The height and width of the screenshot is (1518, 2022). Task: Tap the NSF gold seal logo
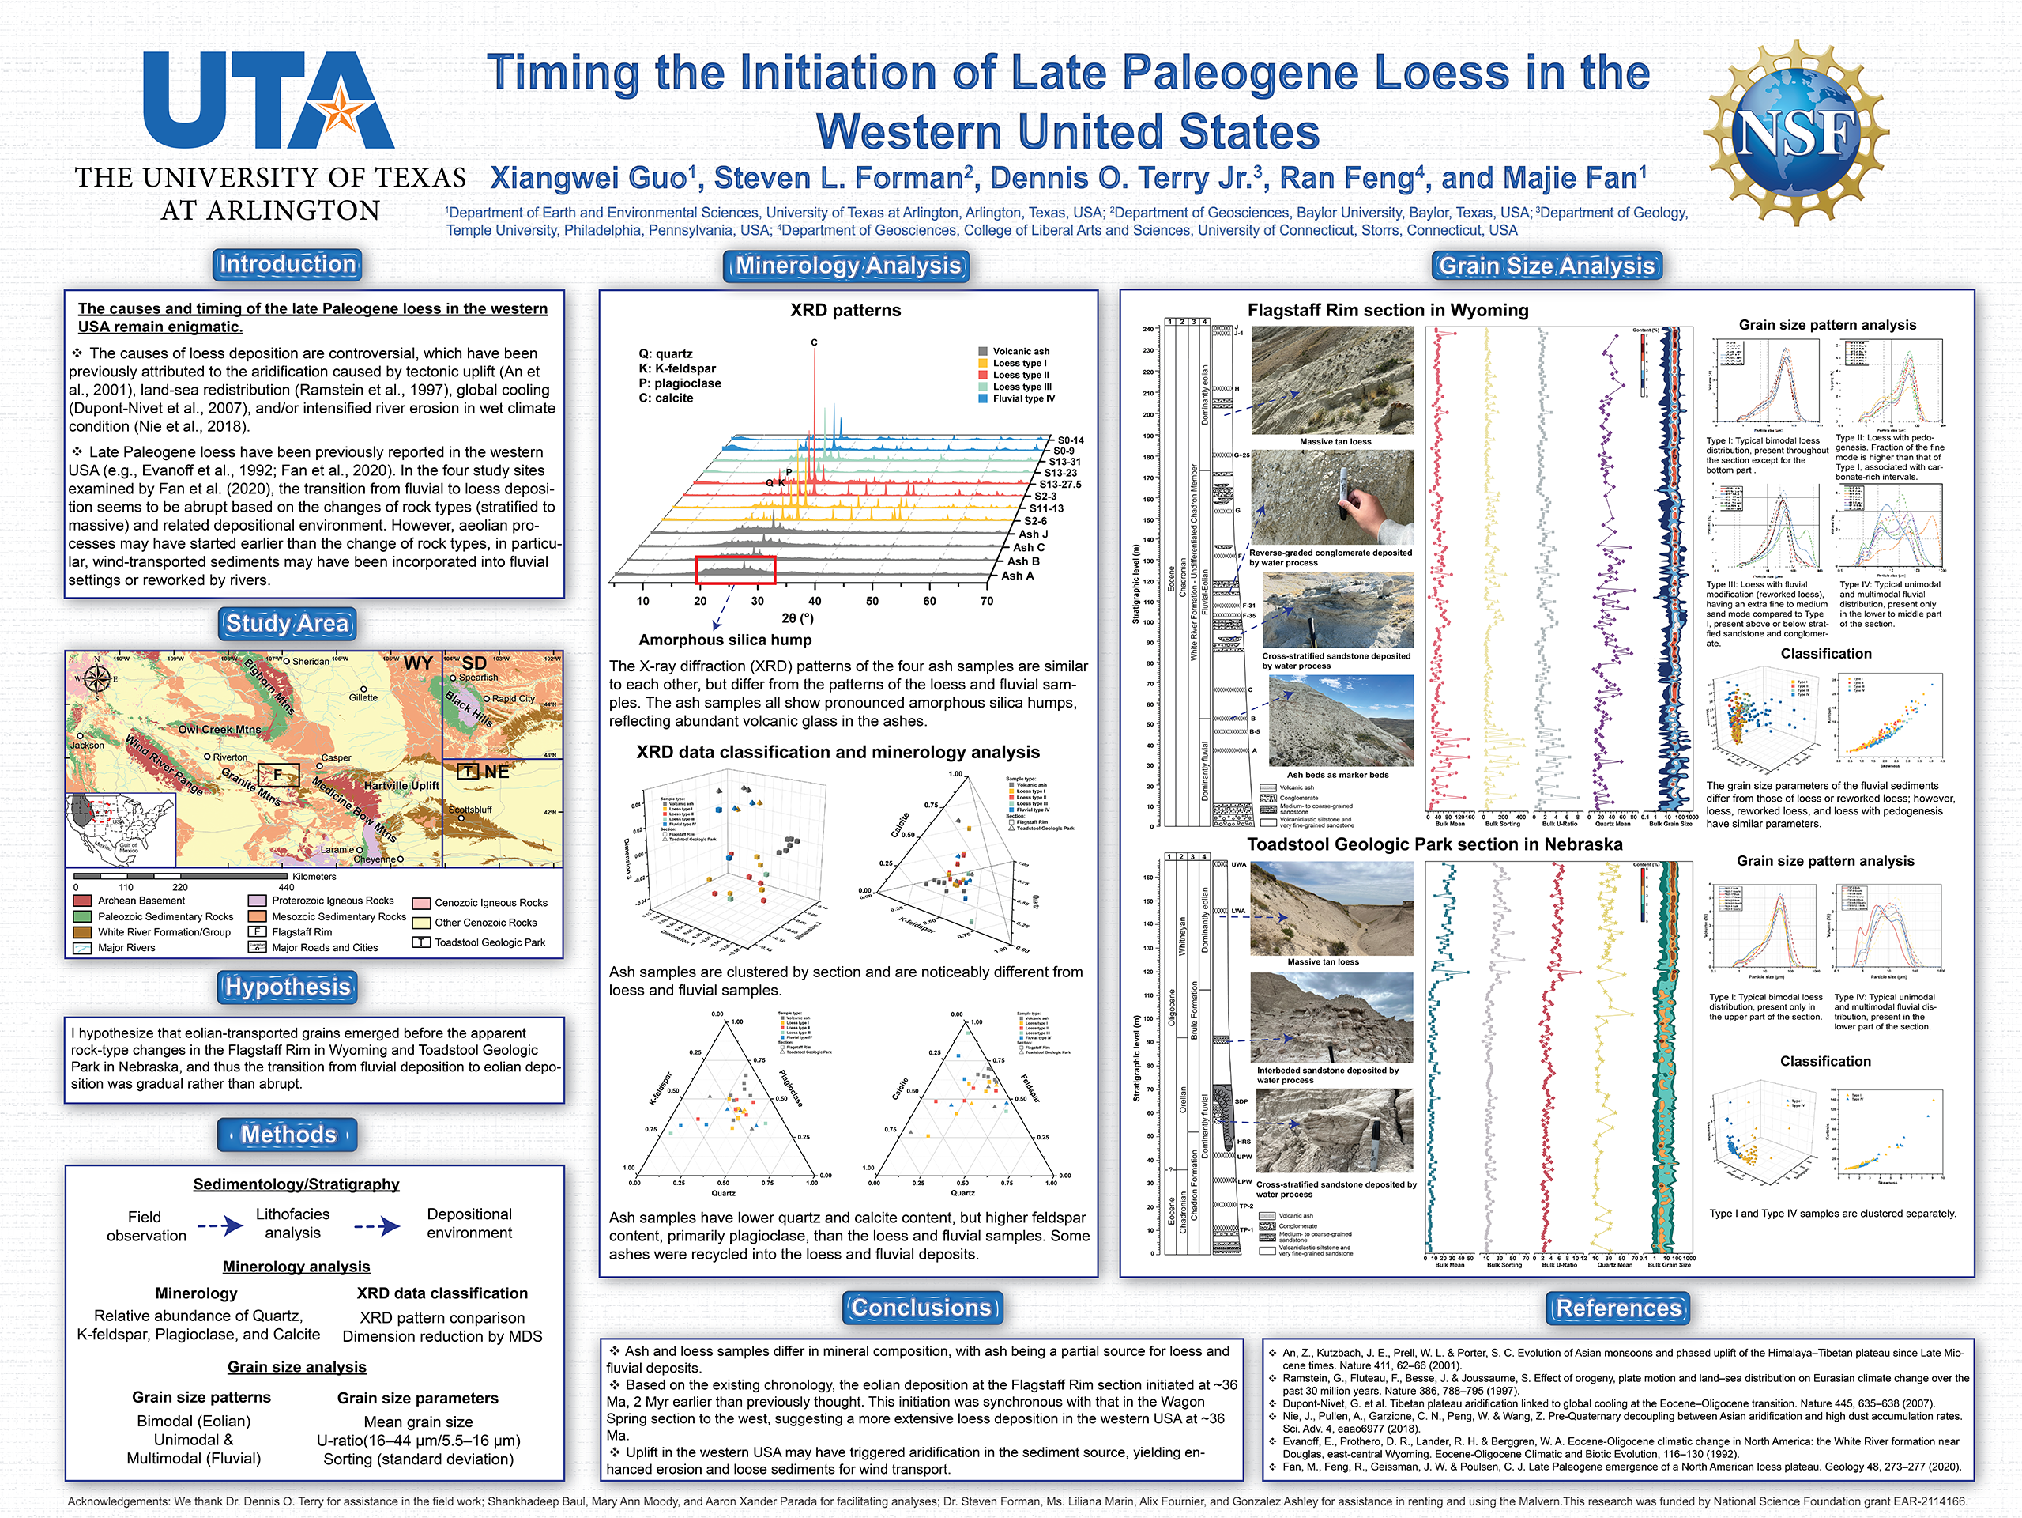click(x=1795, y=133)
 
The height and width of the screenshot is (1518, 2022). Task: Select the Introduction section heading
click(x=287, y=264)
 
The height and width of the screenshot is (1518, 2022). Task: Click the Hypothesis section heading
click(x=288, y=987)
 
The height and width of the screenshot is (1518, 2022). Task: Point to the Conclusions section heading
click(x=921, y=1308)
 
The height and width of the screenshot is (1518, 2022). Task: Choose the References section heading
click(x=1618, y=1308)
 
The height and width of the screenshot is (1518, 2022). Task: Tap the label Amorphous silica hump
click(x=725, y=640)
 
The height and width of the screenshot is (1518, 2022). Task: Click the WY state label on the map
click(x=418, y=663)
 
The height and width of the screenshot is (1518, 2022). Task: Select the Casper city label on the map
click(x=337, y=758)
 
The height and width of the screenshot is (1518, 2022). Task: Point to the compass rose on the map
click(x=97, y=678)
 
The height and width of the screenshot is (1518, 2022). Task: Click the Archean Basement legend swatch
click(x=82, y=901)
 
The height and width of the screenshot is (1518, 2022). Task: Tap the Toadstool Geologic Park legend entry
click(x=489, y=942)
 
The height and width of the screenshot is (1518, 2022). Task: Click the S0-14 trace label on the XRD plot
click(x=1071, y=440)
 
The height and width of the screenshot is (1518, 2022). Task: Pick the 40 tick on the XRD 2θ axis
click(x=815, y=602)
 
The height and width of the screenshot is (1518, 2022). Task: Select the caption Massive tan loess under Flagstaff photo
click(x=1335, y=442)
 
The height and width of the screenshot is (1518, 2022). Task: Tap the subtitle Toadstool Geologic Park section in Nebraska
click(x=1434, y=845)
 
